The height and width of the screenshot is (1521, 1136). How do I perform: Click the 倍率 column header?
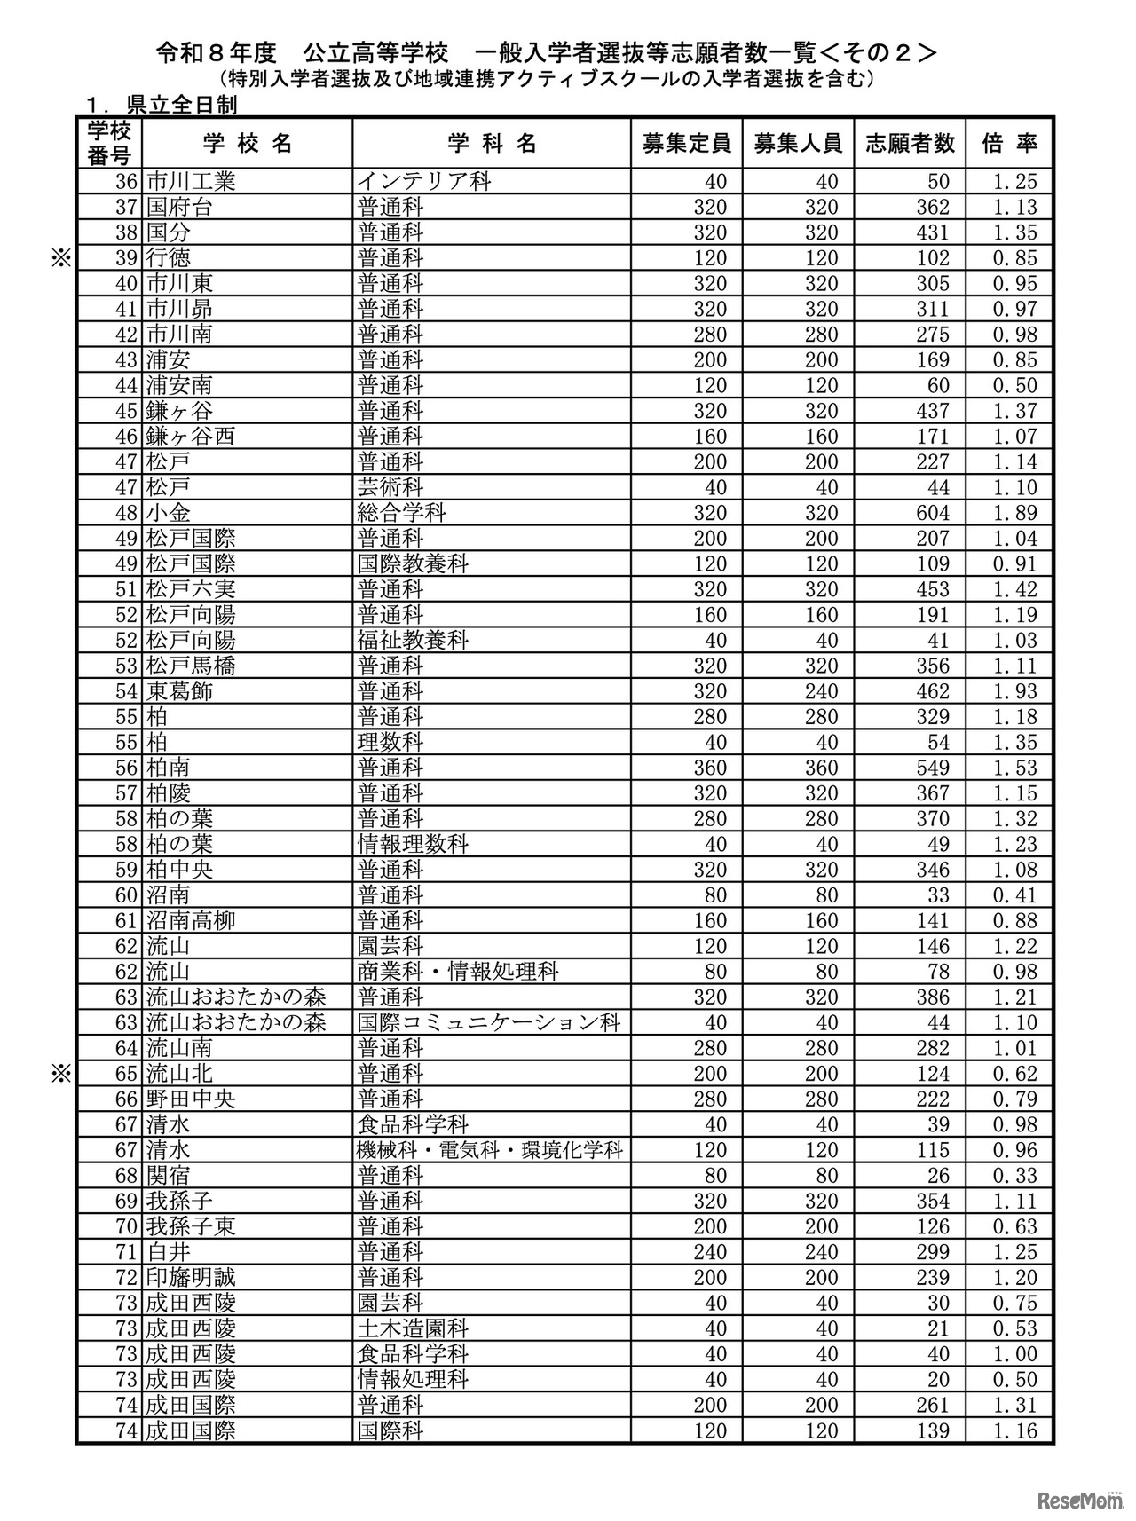1009,144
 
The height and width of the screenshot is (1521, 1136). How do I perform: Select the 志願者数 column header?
910,144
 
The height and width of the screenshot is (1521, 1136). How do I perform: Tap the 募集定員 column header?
686,144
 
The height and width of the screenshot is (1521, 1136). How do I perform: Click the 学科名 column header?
491,144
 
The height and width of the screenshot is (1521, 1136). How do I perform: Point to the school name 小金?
168,513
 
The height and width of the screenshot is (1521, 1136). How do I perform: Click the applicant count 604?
932,513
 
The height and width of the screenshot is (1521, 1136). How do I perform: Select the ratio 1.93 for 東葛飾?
1014,691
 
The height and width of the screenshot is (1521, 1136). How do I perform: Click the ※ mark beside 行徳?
60,258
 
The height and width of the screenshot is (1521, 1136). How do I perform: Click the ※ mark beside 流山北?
60,1074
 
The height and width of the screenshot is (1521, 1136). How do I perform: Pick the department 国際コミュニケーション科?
488,1022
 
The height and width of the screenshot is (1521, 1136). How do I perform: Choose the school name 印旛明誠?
191,1278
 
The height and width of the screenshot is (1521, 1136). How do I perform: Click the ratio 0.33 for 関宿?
1014,1176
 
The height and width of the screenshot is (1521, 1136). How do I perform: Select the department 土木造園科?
413,1328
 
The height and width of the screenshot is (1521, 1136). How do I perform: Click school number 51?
128,589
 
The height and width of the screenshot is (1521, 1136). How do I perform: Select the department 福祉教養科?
413,641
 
